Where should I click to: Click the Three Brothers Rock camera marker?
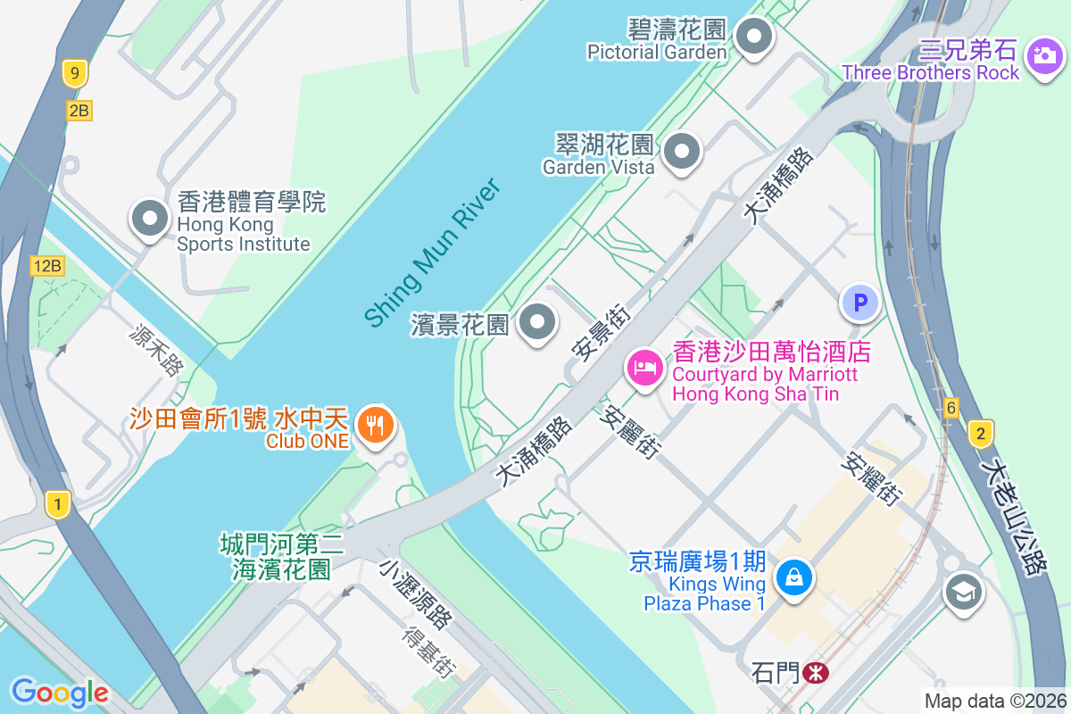[1042, 56]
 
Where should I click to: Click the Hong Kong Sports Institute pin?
[149, 218]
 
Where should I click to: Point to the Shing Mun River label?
[431, 252]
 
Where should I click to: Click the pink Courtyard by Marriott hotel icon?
[644, 367]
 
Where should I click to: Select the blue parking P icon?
[860, 303]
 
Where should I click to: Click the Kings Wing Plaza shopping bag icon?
[793, 577]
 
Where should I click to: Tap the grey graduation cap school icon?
[963, 592]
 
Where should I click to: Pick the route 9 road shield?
[75, 73]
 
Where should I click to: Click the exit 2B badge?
[79, 111]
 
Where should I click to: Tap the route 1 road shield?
[58, 505]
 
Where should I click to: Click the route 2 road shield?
[980, 435]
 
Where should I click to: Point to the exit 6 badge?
[952, 408]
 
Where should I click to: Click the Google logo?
[60, 693]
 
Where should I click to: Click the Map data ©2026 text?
[994, 701]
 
